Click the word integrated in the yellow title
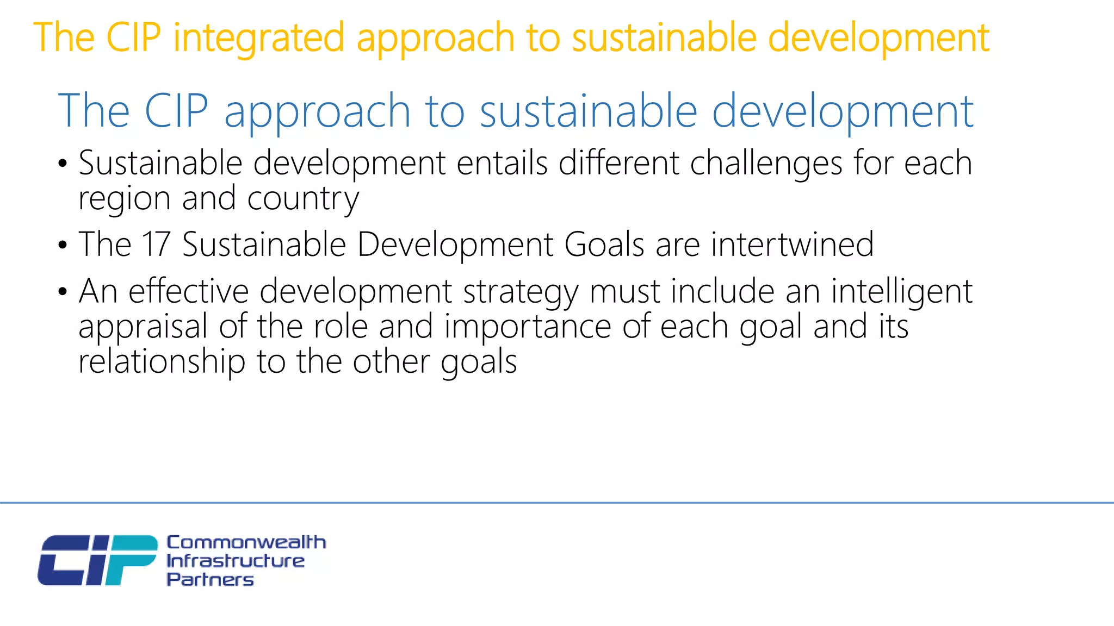259,38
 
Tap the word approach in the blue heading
317,111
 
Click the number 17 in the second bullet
156,244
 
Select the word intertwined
792,244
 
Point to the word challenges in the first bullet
766,163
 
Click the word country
303,198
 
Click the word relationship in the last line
162,362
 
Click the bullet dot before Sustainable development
63,164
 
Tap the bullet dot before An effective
63,292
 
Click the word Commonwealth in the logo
246,542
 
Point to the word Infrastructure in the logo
235,561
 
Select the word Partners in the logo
210,579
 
